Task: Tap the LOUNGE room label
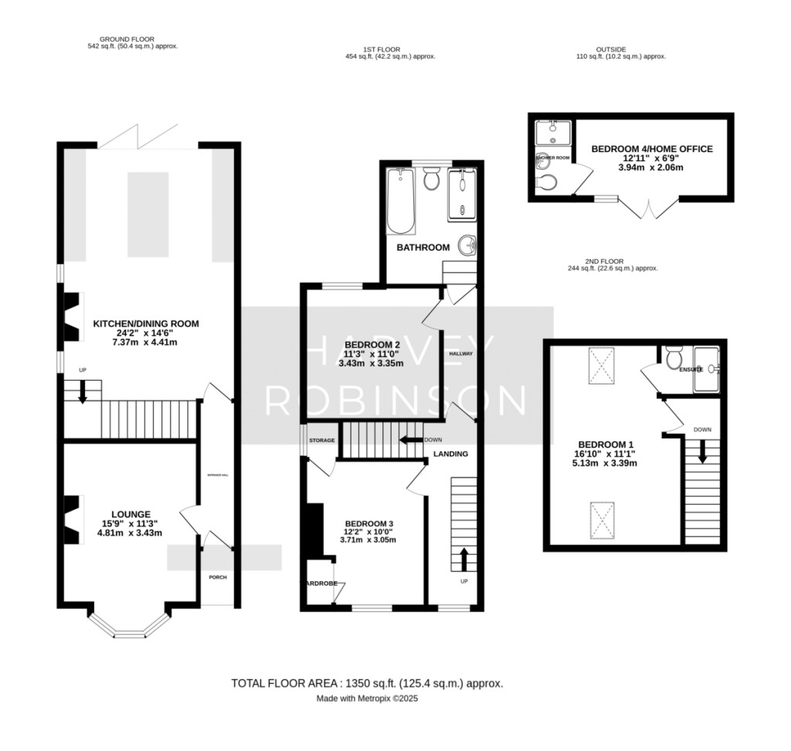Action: [x=130, y=513]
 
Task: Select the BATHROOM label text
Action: [x=423, y=248]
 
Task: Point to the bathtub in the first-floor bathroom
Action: [x=400, y=201]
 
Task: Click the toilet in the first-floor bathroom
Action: [x=431, y=180]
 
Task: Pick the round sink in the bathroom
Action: [x=467, y=246]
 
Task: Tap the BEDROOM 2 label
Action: [x=372, y=344]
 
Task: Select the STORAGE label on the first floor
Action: [x=322, y=440]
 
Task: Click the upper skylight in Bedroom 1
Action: [x=601, y=365]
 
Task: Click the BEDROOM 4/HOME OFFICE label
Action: [x=652, y=149]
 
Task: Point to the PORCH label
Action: [x=217, y=577]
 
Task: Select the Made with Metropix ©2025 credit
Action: [x=367, y=699]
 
